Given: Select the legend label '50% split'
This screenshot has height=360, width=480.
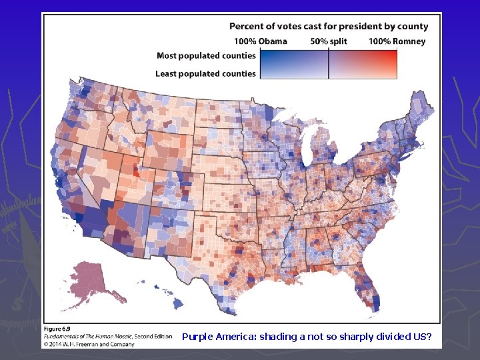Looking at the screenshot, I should (328, 41).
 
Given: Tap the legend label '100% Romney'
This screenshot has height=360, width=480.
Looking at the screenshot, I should (397, 41).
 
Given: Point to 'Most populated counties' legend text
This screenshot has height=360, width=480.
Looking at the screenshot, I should (206, 56).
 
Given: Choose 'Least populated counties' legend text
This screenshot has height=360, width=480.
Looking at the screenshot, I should (205, 73).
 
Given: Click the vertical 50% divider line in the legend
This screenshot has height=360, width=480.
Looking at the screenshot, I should (329, 65).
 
